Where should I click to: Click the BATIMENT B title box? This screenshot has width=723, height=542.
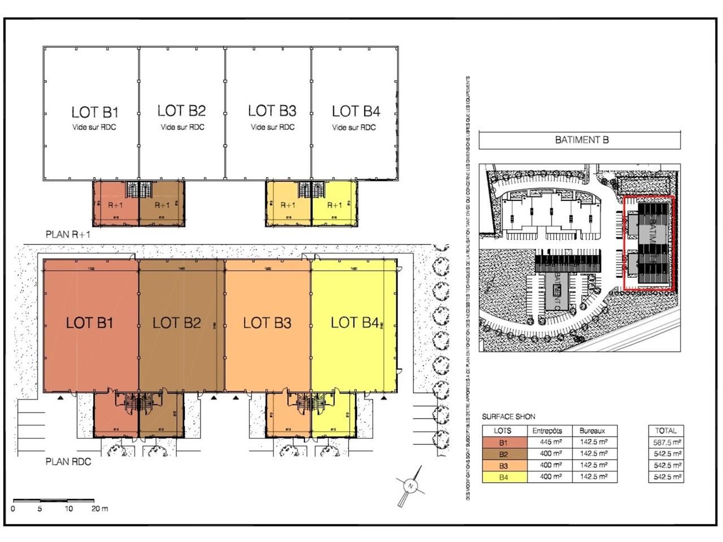point(580,140)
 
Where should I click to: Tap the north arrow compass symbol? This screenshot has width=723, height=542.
point(411,486)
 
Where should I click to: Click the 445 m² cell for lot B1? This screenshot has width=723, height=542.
point(547,442)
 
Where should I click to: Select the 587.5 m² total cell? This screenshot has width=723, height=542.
point(666,443)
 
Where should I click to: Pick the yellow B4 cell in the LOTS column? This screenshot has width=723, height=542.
point(503,478)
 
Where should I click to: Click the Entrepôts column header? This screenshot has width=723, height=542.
point(547,431)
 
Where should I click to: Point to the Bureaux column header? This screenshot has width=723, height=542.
point(592,431)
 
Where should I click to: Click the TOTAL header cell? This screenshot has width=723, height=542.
point(666,431)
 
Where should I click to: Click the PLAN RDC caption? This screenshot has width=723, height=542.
point(68,462)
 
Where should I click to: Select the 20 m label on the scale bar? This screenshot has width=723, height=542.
point(99,509)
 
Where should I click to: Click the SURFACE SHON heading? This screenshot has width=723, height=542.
point(508,417)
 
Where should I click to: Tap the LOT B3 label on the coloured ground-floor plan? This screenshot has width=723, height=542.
point(267,323)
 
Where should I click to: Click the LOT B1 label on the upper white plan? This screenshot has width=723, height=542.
point(95,112)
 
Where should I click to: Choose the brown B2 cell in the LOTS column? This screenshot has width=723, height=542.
point(503,454)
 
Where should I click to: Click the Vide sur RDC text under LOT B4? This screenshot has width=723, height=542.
point(354,128)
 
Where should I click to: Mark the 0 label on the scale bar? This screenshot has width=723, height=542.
point(13,509)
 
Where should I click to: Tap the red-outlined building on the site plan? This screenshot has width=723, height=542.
point(648,243)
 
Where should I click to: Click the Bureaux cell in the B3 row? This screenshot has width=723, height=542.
point(594,466)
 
